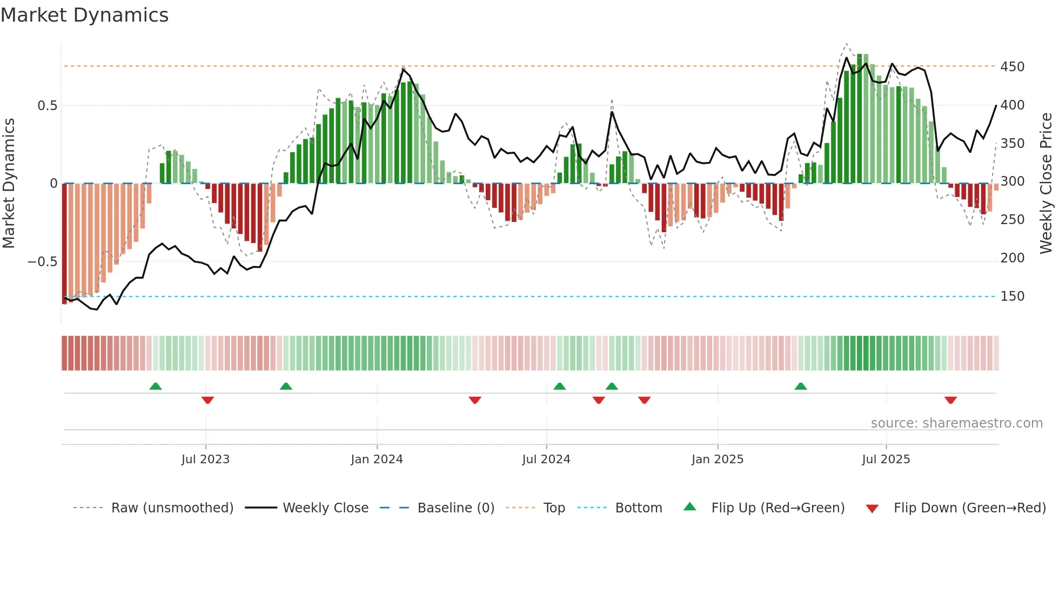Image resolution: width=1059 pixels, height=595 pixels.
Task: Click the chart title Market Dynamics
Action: click(84, 15)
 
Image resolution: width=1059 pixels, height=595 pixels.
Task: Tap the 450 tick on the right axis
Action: click(1012, 67)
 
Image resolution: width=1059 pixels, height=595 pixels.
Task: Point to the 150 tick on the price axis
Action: click(1012, 296)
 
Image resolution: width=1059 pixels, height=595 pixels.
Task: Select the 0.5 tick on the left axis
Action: click(47, 106)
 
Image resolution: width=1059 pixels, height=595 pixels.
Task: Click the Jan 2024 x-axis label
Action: click(377, 459)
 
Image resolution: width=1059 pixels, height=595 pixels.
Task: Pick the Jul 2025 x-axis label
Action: click(886, 459)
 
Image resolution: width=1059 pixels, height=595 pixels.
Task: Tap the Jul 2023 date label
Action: click(205, 459)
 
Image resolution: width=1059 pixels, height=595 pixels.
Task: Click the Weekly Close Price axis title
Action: click(1046, 184)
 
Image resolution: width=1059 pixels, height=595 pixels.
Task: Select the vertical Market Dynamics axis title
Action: click(9, 184)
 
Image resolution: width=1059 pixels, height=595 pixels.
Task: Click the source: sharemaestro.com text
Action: click(956, 423)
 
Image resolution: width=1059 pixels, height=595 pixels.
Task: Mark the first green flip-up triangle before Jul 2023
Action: click(156, 386)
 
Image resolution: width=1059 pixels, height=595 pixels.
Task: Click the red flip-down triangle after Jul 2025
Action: click(950, 400)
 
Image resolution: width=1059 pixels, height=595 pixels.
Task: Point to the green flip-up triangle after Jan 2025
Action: click(801, 386)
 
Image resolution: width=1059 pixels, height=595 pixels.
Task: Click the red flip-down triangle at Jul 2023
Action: click(207, 400)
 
